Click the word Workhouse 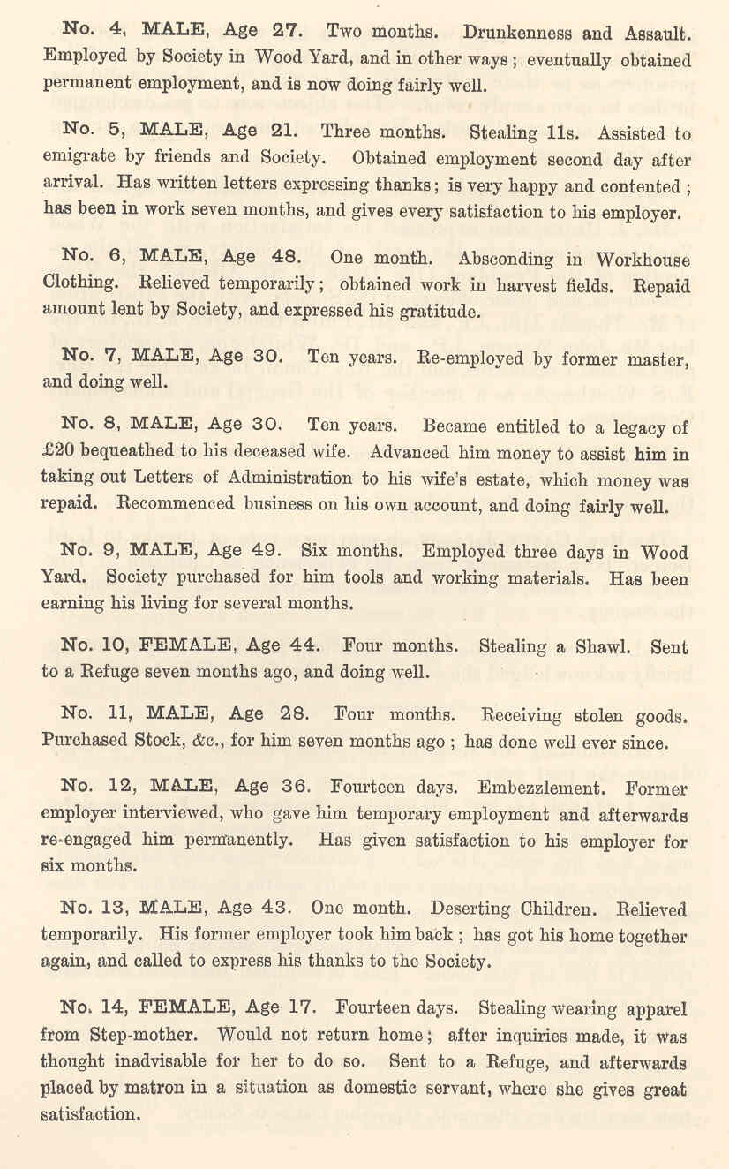[643, 260]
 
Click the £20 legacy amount [58, 453]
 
